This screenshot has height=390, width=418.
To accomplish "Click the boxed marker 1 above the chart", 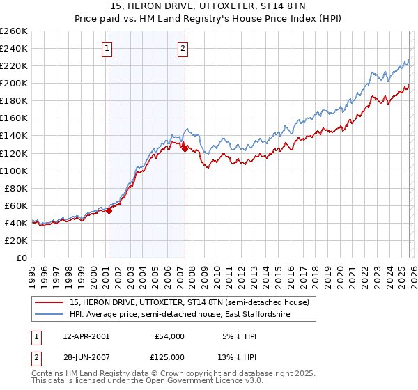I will pos(107,49).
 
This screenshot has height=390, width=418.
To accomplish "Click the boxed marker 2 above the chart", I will pos(183,49).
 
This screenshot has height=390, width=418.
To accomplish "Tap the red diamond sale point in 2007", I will pos(185,148).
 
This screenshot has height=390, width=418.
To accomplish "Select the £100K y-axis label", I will pos(14,171).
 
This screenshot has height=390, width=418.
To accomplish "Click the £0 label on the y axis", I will pos(21,258).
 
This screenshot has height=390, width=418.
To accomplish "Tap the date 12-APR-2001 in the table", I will pos(86,336).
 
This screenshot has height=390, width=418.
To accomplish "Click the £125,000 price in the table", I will pos(169,356).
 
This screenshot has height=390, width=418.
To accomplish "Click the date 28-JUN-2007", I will pos(86,356).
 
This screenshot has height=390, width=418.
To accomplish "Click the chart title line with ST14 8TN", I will pos(209,7).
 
